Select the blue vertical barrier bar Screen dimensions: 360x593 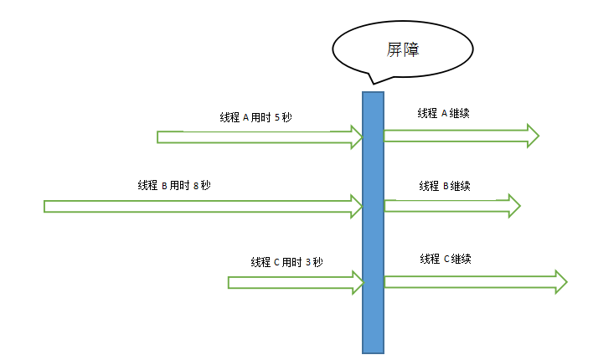373,222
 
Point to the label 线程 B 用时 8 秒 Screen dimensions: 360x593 173,185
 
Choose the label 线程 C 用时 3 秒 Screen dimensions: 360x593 286,262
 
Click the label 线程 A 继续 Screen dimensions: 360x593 443,114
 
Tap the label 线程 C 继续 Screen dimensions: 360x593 446,259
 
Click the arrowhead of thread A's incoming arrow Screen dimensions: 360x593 357,136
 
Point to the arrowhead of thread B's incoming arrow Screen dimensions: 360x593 357,206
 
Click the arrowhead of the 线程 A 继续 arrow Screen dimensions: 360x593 532,136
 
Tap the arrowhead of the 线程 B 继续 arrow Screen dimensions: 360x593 513,205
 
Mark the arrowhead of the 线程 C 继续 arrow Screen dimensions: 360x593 561,282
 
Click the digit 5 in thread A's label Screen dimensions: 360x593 276,118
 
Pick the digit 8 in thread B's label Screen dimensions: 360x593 195,185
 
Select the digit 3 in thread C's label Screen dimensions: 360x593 308,262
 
